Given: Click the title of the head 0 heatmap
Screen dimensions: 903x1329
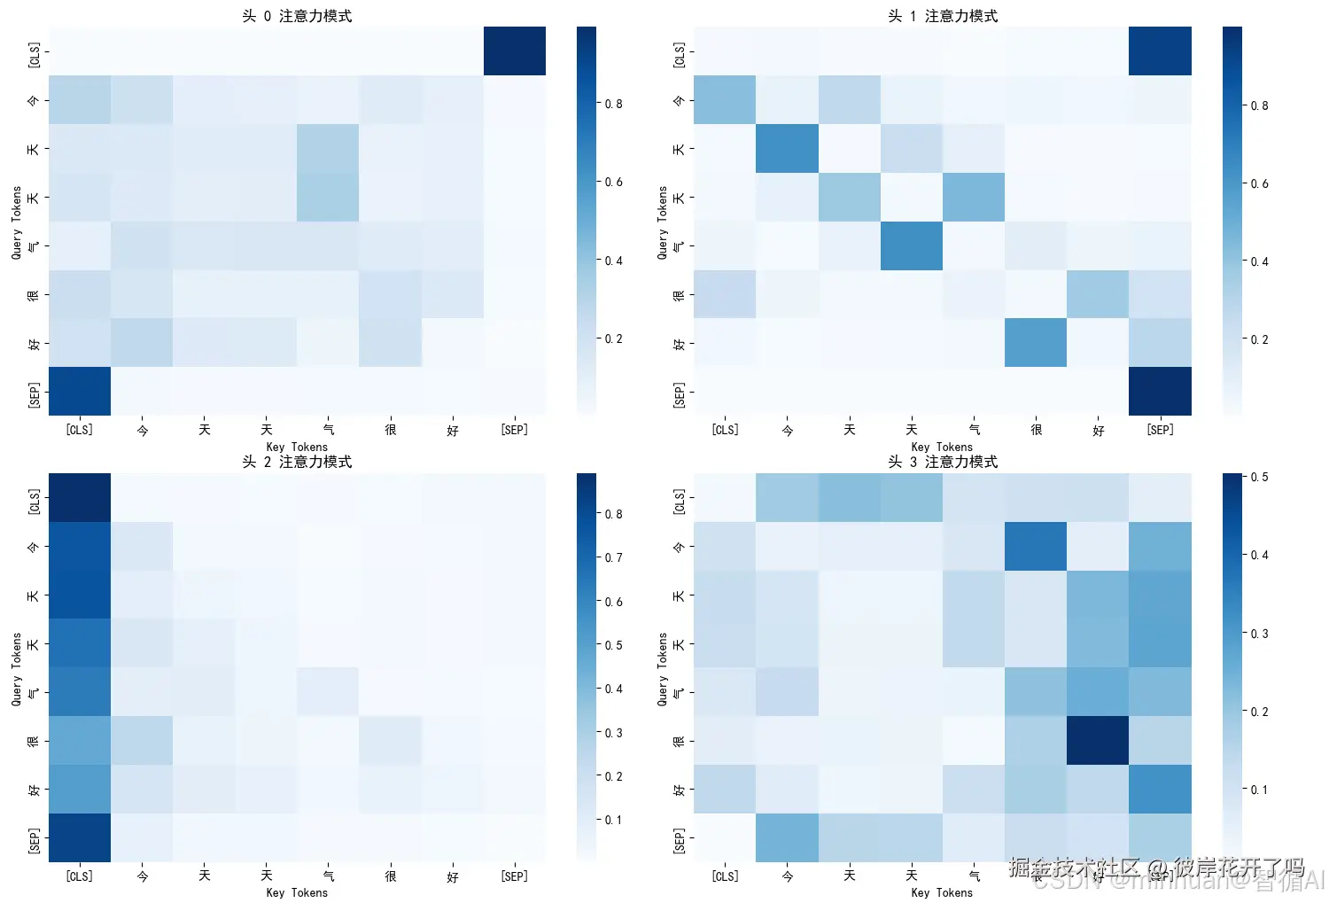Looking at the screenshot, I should pyautogui.click(x=297, y=16).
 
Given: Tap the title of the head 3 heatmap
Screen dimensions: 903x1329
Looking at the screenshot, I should pyautogui.click(x=943, y=462).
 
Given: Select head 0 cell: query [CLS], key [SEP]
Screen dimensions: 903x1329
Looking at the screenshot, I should pyautogui.click(x=515, y=51).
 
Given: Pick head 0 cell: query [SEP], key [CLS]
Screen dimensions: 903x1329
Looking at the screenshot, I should pyautogui.click(x=80, y=391).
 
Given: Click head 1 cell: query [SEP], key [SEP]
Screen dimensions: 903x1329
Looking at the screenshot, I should pyautogui.click(x=1160, y=391).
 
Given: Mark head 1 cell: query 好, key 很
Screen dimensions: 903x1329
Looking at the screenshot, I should pyautogui.click(x=1036, y=343).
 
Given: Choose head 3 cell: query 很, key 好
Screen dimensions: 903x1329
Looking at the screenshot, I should pyautogui.click(x=1098, y=740).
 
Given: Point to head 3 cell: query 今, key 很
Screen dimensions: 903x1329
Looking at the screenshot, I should pyautogui.click(x=1036, y=546).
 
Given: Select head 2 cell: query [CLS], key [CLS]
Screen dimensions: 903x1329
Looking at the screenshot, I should pyautogui.click(x=80, y=497).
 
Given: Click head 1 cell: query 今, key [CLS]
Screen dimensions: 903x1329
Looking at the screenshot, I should pyautogui.click(x=725, y=100).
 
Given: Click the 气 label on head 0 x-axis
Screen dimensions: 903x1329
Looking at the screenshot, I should pyautogui.click(x=329, y=430).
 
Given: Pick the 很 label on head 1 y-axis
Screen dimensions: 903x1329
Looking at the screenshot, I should pyautogui.click(x=679, y=294).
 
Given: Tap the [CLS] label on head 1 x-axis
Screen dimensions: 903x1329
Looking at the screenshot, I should pyautogui.click(x=725, y=430).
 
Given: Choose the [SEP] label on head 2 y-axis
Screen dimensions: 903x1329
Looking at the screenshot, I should pyautogui.click(x=34, y=837).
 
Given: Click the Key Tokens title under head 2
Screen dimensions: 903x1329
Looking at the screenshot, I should pyautogui.click(x=297, y=892).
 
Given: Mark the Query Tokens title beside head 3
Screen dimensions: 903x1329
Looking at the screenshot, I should pyautogui.click(x=662, y=668).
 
